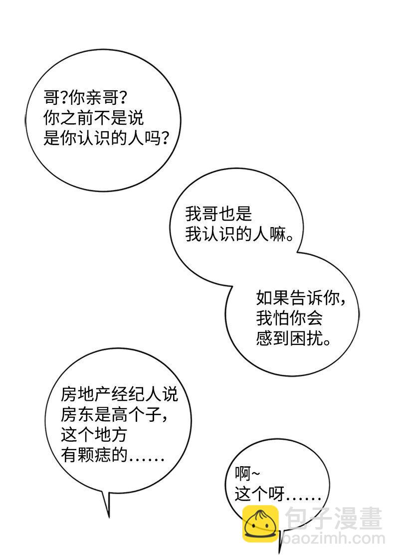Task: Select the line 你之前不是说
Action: (94, 118)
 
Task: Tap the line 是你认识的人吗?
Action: (105, 139)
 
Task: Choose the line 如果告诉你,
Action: (301, 298)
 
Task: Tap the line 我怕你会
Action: (289, 318)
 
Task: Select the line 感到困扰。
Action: (294, 340)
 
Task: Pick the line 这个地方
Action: (93, 435)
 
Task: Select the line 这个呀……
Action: (278, 495)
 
